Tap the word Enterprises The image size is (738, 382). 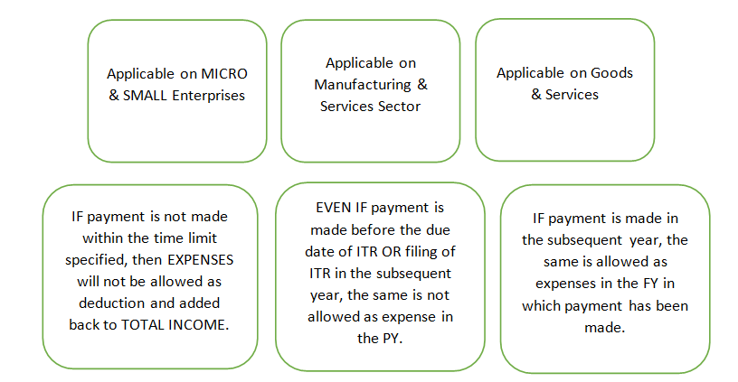coord(210,95)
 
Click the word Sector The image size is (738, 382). coord(400,106)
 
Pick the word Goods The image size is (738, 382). coord(611,73)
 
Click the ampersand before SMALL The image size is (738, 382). coord(114,95)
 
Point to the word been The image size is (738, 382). coord(670,305)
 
